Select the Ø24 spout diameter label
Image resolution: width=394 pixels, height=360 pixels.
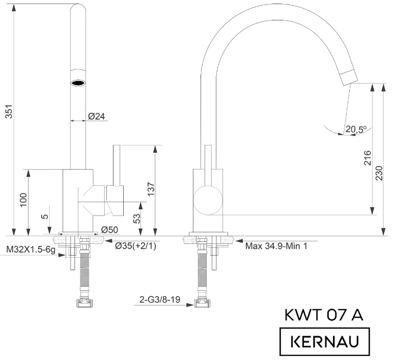tap(96, 116)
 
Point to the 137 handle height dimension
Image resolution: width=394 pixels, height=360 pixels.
tap(151, 188)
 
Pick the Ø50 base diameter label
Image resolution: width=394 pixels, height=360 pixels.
tap(109, 230)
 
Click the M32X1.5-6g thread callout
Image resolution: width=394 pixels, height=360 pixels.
tap(31, 250)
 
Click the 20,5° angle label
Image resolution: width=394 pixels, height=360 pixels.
tap(356, 130)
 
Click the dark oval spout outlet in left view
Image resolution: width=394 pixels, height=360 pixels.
tap(77, 82)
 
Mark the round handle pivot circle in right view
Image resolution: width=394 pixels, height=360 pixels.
tap(208, 199)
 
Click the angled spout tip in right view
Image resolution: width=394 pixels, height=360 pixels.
tap(349, 77)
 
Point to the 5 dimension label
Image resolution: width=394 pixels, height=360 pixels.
tap(46, 216)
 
